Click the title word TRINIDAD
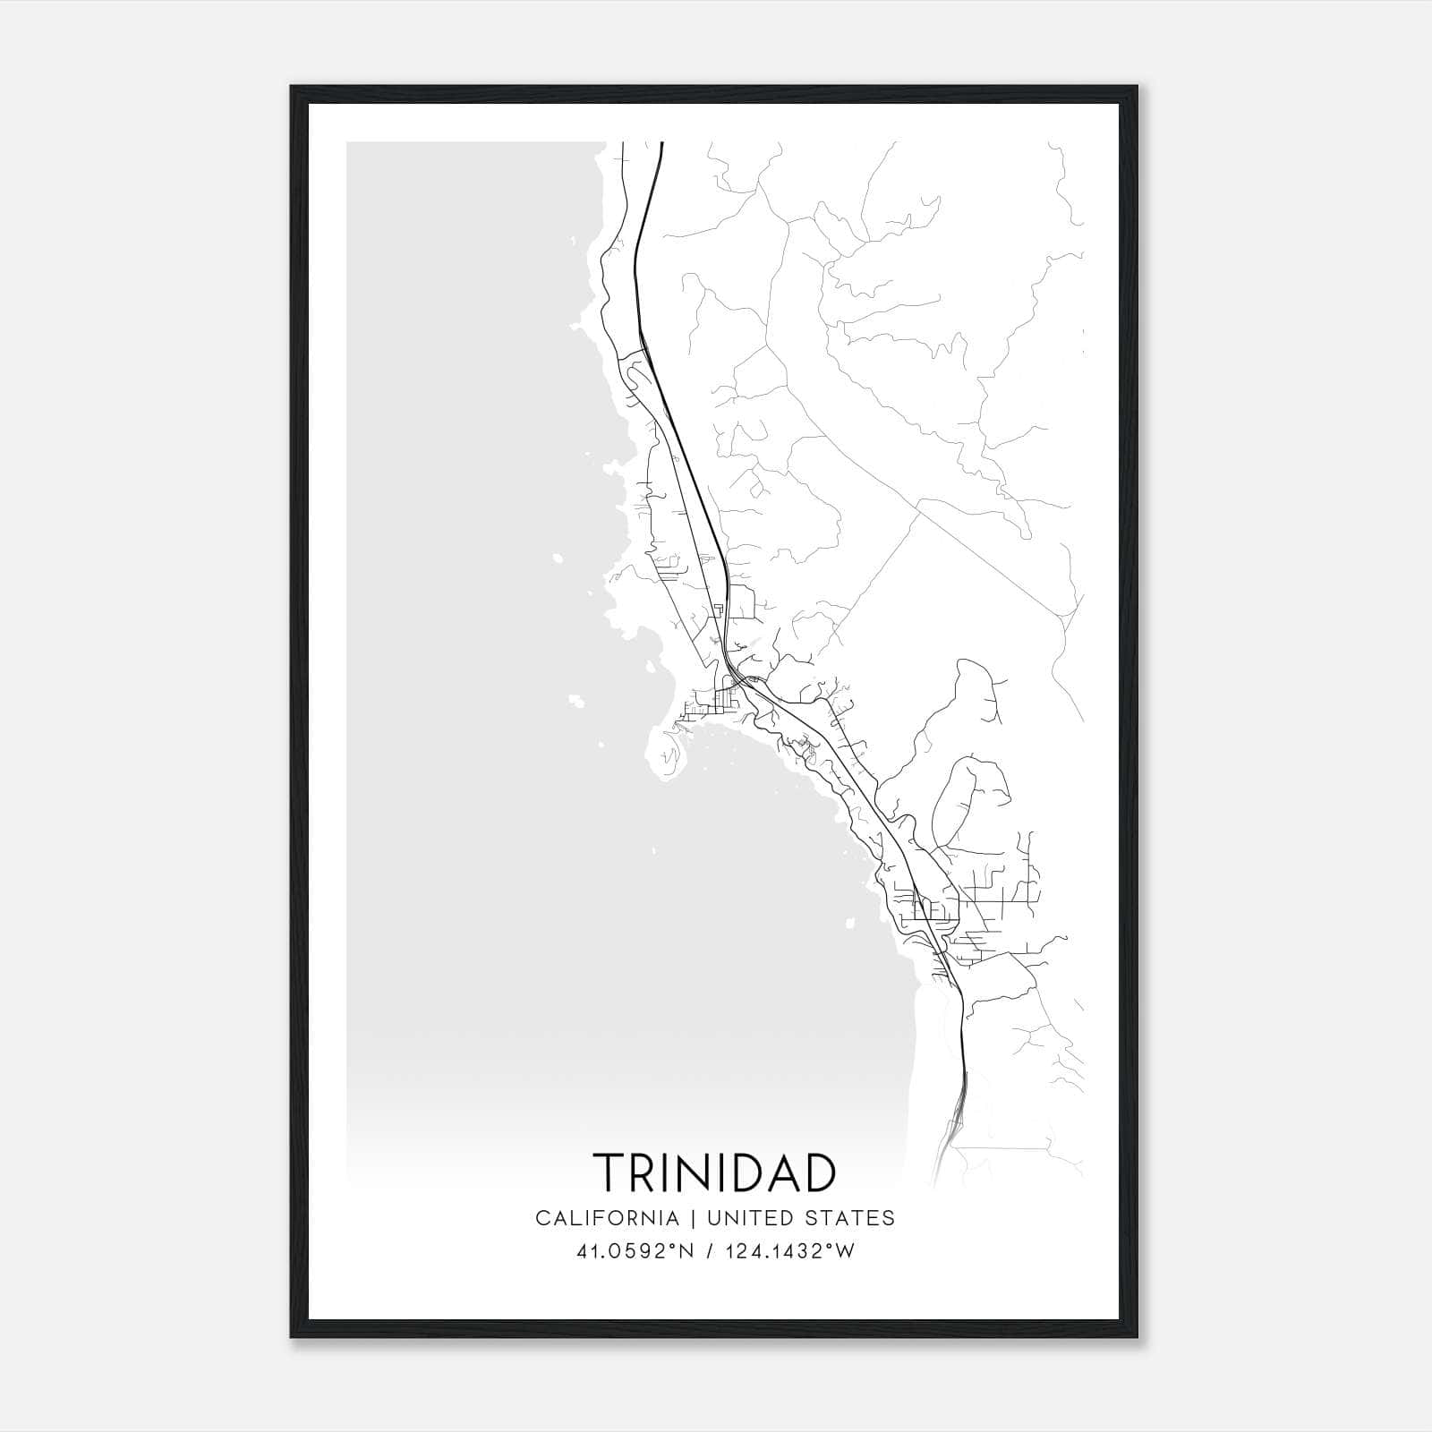714,1172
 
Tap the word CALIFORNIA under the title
606,1218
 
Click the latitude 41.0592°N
636,1251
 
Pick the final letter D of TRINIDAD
818,1172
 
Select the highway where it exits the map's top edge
661,145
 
